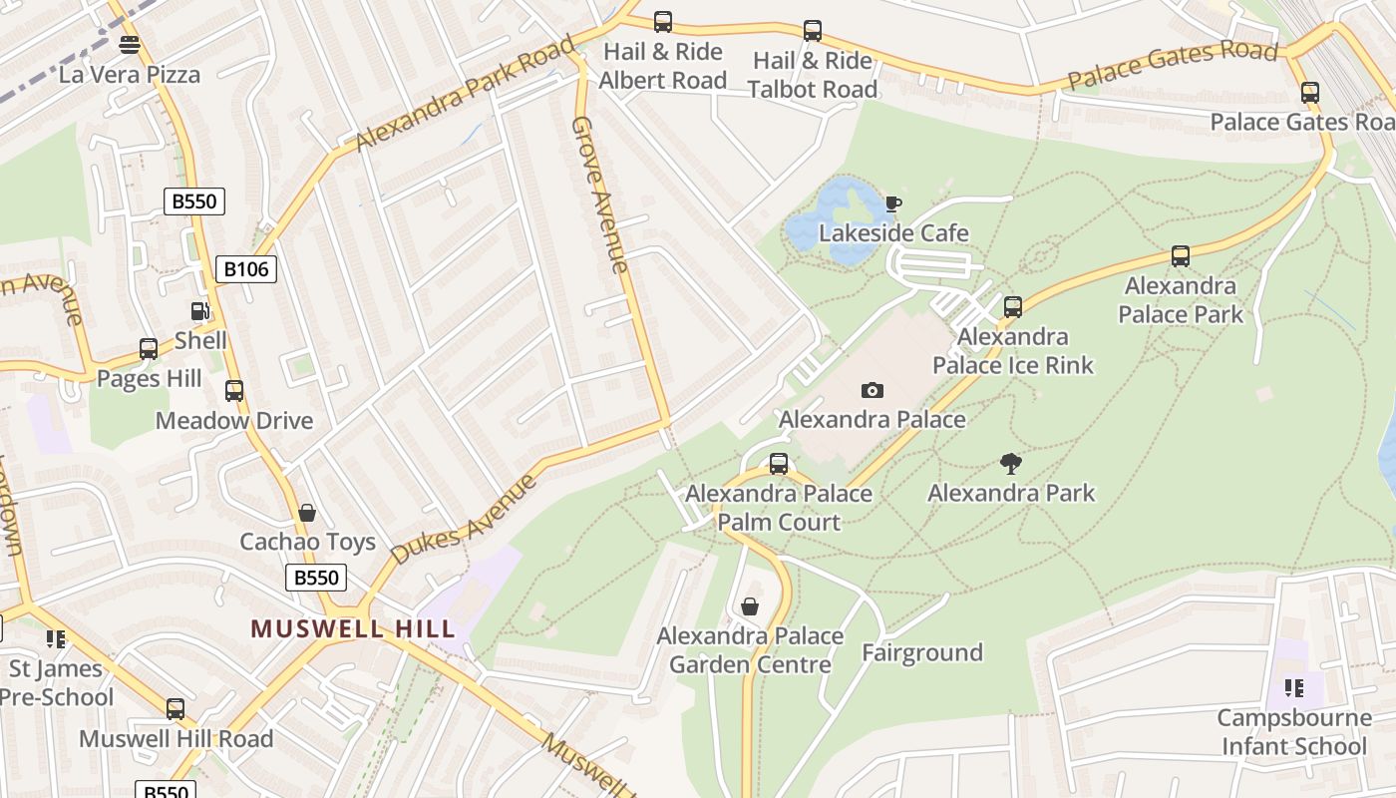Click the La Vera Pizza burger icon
tap(130, 45)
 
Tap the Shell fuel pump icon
tap(200, 311)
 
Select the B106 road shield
tap(245, 268)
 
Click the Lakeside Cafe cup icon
tap(893, 204)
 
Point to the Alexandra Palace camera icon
tap(872, 390)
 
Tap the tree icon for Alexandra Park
tap(1011, 463)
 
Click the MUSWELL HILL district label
tap(353, 628)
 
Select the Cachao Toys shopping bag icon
tap(307, 513)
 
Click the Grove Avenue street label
tap(600, 195)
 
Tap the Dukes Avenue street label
tap(465, 519)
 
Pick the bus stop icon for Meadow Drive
tap(234, 391)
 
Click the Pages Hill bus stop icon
tap(149, 349)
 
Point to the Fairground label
tap(922, 652)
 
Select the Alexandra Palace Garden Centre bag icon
tap(750, 606)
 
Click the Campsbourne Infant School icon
tap(1294, 688)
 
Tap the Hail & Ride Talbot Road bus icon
tap(813, 31)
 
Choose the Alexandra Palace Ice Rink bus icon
tap(1013, 307)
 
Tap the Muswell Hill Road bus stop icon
tap(175, 709)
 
